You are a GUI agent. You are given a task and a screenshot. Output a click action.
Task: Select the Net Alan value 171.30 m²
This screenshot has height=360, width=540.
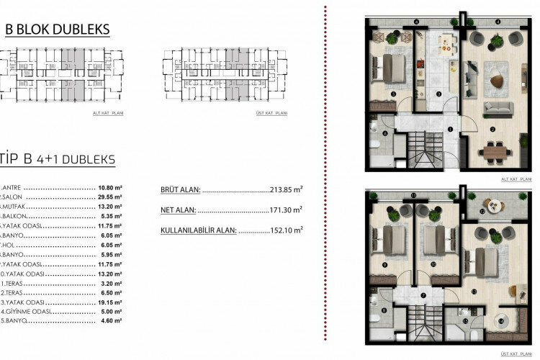pyautogui.click(x=287, y=210)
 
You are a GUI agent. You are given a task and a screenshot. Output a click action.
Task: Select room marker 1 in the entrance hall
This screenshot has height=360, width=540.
pyautogui.click(x=450, y=130)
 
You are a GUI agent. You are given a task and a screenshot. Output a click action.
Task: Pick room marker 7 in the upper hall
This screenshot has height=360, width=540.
pyautogui.click(x=424, y=296)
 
